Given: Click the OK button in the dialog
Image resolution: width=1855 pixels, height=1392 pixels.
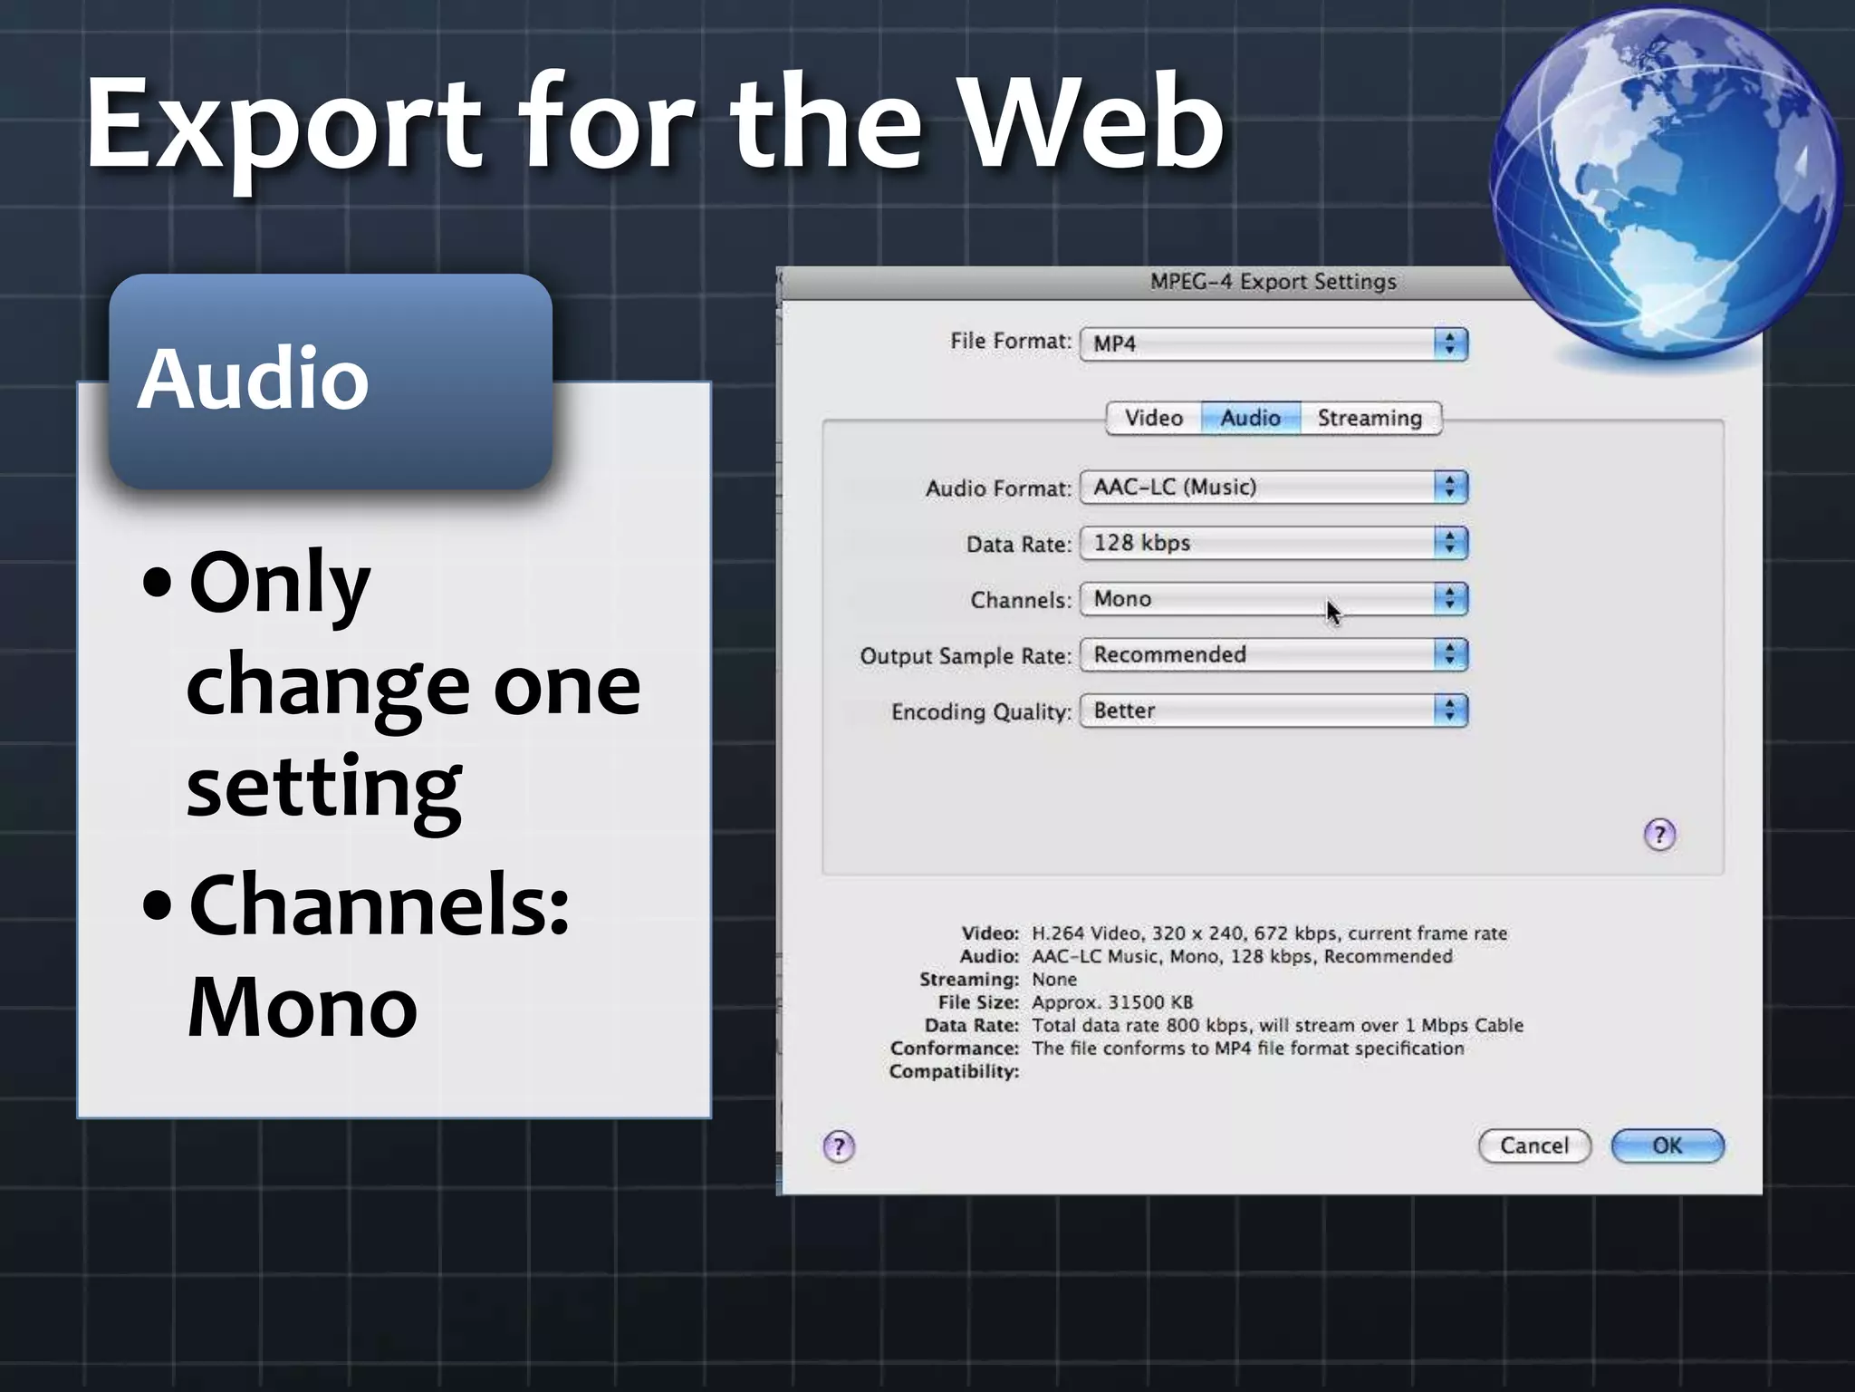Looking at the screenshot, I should [1667, 1145].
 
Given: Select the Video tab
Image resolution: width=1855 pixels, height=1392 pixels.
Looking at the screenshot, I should [1153, 418].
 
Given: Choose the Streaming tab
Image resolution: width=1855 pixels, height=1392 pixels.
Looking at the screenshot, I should [1370, 418].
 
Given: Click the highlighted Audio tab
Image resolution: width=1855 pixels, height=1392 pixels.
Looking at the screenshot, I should [1250, 418].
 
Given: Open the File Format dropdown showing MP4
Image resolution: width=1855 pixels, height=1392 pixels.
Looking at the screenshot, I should [1274, 343].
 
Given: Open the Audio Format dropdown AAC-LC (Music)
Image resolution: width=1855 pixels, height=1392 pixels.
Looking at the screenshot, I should [1274, 487].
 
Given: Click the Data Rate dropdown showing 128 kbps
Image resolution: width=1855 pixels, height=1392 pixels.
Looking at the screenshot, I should [1274, 543].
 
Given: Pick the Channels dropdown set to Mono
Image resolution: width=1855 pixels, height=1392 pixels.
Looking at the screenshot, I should [1274, 599].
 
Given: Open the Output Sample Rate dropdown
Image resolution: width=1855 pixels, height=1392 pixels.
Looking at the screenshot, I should [1274, 654].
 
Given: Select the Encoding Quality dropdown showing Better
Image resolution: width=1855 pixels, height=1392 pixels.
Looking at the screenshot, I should [1274, 710].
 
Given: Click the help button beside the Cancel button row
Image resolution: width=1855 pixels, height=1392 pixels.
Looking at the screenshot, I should [839, 1146].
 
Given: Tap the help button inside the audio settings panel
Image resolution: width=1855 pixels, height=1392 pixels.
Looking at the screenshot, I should [1659, 834].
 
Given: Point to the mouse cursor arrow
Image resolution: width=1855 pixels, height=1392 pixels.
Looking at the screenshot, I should [1331, 611].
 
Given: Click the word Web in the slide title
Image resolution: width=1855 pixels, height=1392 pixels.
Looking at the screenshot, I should [1091, 122].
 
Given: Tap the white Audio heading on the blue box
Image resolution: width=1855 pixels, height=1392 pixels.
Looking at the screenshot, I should [253, 378].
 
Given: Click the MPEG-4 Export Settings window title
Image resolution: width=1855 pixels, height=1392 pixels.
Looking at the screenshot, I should [1273, 282].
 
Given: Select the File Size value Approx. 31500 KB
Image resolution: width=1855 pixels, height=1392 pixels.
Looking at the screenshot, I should [1112, 1002].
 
